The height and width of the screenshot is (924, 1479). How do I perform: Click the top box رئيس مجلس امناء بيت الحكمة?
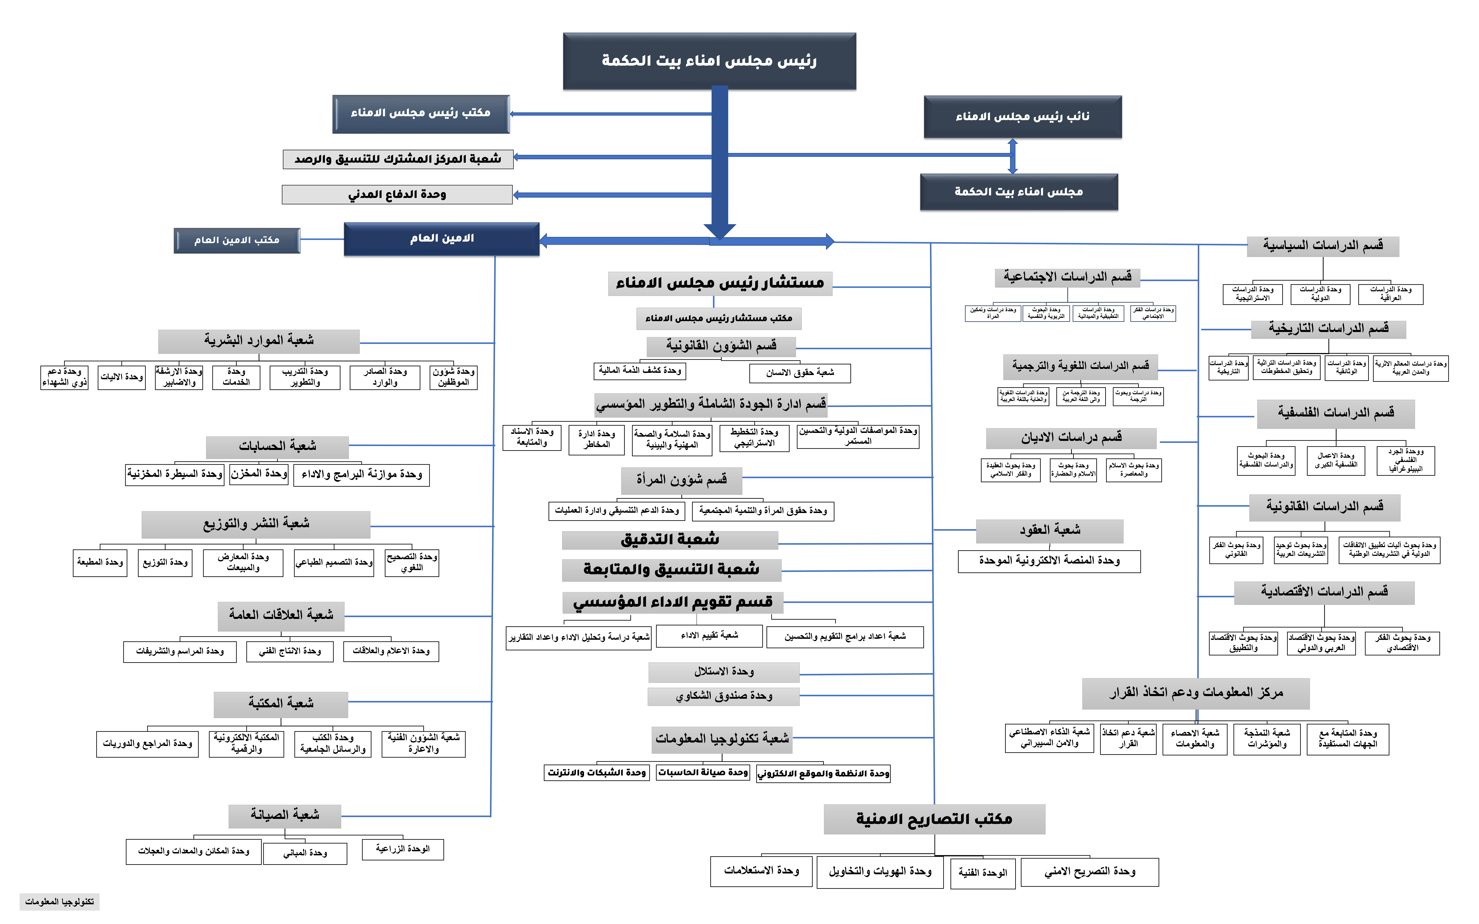pyautogui.click(x=709, y=61)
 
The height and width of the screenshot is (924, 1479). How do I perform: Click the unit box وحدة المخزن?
pyautogui.click(x=259, y=474)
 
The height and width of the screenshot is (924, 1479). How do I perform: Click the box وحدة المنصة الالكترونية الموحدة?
pyautogui.click(x=1049, y=561)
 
